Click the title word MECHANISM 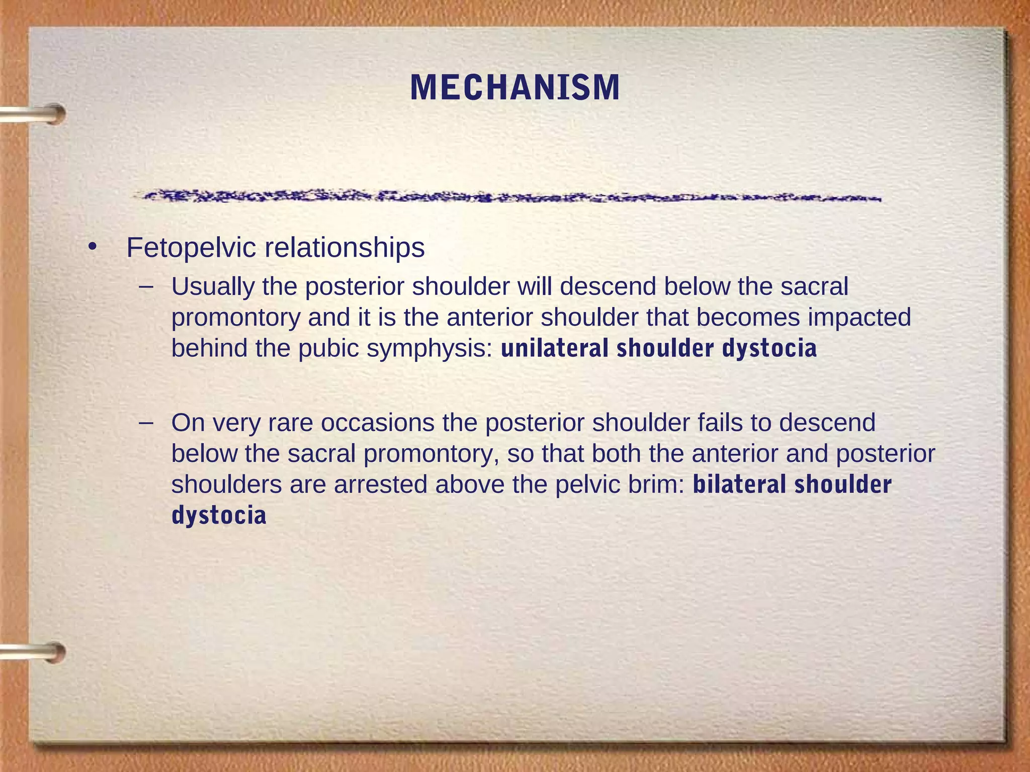tap(515, 88)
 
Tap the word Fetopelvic tap(191, 248)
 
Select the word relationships tap(345, 248)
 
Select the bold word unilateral tap(555, 348)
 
